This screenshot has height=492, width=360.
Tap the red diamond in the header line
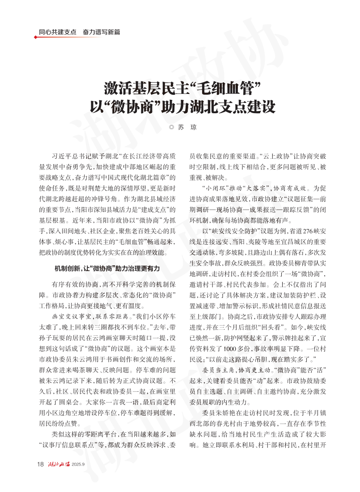pos(36,37)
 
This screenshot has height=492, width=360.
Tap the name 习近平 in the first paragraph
pos(63,157)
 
